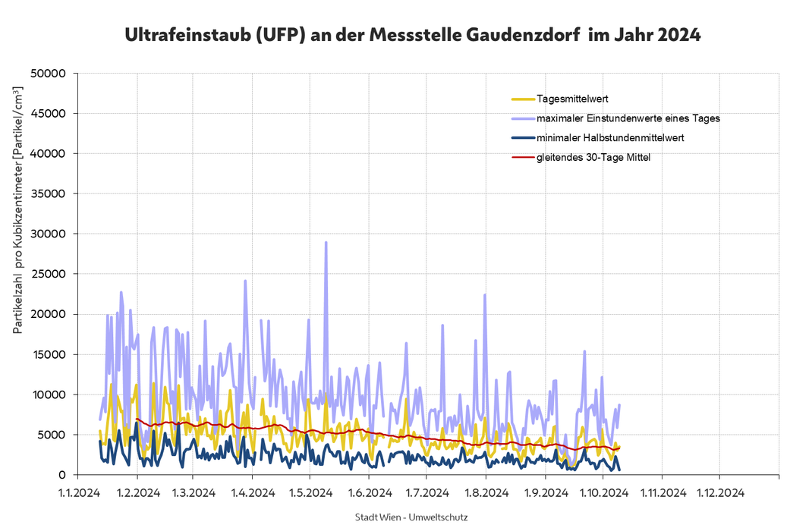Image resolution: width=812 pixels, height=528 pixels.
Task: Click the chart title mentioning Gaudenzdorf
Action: [x=412, y=35]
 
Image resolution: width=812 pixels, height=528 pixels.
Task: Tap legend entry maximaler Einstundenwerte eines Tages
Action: [x=628, y=118]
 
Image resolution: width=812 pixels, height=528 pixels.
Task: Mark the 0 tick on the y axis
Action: [x=65, y=475]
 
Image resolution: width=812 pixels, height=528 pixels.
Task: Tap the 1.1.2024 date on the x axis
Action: [x=80, y=492]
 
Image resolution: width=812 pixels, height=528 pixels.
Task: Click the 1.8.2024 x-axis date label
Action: [x=486, y=492]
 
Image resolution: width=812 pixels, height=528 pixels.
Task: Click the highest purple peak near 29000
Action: [x=326, y=243]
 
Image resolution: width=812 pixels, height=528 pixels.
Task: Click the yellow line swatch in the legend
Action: [x=522, y=99]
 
